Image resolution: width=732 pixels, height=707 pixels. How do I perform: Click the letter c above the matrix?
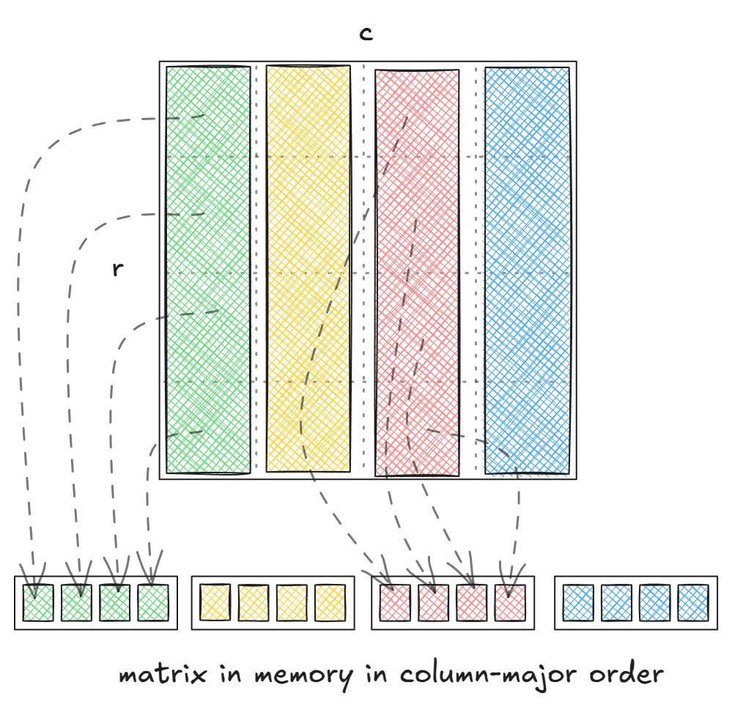click(x=366, y=34)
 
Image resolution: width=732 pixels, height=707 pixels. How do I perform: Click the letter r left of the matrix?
click(x=117, y=269)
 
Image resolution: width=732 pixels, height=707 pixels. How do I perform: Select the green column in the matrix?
click(x=208, y=270)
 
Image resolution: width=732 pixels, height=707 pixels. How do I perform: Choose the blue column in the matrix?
click(x=527, y=270)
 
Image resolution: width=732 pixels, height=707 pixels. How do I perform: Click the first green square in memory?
click(x=38, y=602)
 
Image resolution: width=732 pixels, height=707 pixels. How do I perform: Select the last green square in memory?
click(x=152, y=602)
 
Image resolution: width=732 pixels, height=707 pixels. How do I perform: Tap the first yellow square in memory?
click(x=215, y=602)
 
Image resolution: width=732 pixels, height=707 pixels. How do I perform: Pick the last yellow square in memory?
click(x=330, y=602)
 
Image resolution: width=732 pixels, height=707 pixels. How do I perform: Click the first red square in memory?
click(x=396, y=602)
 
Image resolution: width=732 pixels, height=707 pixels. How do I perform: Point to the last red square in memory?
click(x=510, y=602)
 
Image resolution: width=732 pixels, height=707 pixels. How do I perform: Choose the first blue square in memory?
click(x=577, y=602)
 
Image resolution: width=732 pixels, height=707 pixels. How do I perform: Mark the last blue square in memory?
click(x=692, y=602)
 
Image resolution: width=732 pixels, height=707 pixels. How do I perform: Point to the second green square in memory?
click(x=76, y=602)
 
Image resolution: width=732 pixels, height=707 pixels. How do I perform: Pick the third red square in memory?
click(x=472, y=602)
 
